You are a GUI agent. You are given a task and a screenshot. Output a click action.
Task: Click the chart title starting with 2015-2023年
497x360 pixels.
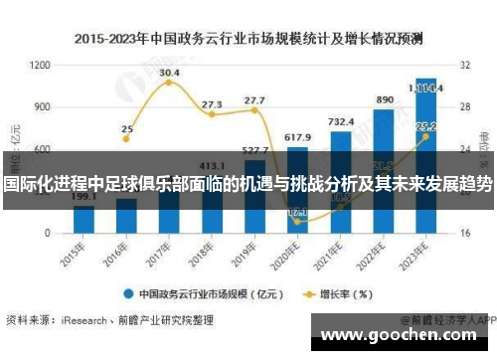[248, 40]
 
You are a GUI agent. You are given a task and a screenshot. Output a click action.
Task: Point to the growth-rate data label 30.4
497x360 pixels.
[169, 73]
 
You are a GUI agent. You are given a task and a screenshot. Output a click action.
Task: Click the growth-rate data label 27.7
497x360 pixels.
[254, 100]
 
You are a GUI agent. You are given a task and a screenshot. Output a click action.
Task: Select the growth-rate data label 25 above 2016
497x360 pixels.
[127, 128]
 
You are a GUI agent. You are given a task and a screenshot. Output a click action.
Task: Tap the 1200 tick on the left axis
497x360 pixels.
[41, 65]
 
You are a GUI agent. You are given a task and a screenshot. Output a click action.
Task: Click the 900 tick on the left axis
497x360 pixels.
[43, 106]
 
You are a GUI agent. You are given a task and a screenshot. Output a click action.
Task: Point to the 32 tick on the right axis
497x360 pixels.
[463, 65]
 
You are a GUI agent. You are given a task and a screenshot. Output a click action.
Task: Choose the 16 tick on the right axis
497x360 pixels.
[463, 233]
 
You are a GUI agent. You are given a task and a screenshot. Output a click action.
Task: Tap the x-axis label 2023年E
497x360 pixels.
[421, 254]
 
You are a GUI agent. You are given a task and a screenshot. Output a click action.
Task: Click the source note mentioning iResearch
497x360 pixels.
[109, 321]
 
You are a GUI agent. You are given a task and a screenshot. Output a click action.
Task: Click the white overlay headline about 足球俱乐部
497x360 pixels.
[248, 185]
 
